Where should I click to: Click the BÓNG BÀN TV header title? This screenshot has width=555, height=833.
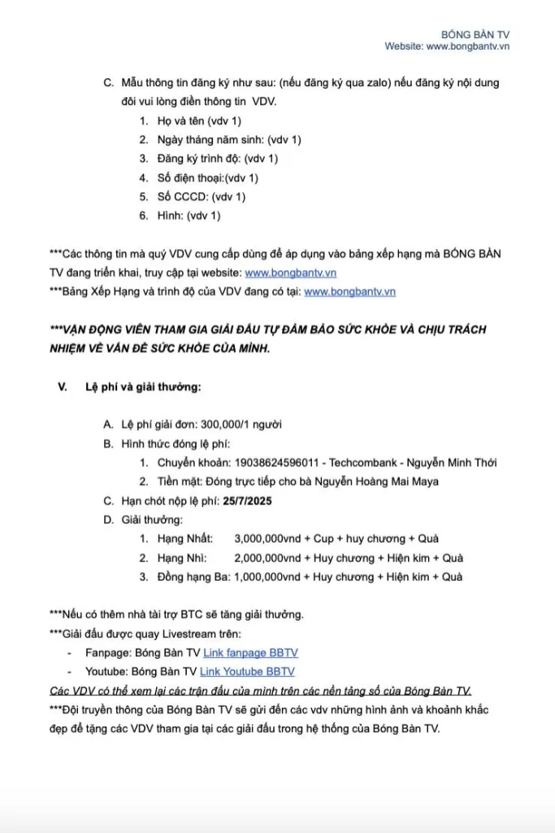(x=475, y=34)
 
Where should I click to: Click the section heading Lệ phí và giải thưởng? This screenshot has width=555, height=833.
(x=142, y=386)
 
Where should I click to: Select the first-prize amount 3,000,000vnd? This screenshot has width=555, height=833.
(x=268, y=539)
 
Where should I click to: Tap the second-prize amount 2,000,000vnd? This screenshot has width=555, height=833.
(x=268, y=557)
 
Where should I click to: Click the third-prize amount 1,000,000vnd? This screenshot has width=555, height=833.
(x=268, y=577)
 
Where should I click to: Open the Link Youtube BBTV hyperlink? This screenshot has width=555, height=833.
(x=247, y=671)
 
